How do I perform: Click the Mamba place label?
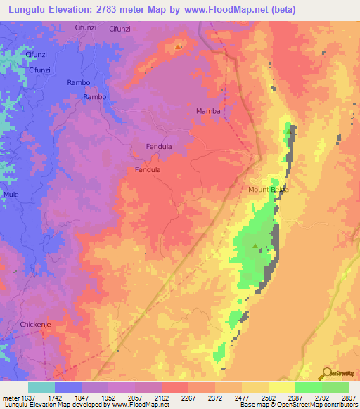[208, 112]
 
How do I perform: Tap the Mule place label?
[11, 194]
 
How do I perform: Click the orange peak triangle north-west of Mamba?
[179, 47]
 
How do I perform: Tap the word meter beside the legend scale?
[8, 397]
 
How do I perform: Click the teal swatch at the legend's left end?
[41, 387]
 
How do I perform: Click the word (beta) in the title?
[284, 10]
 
